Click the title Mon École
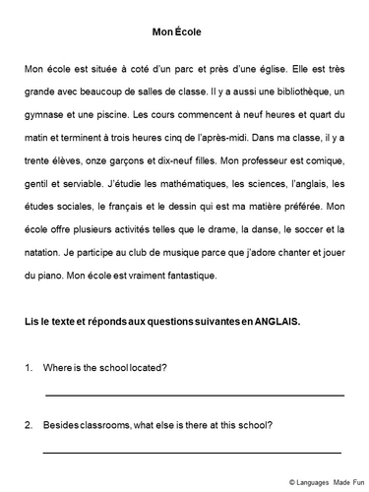(x=178, y=32)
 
